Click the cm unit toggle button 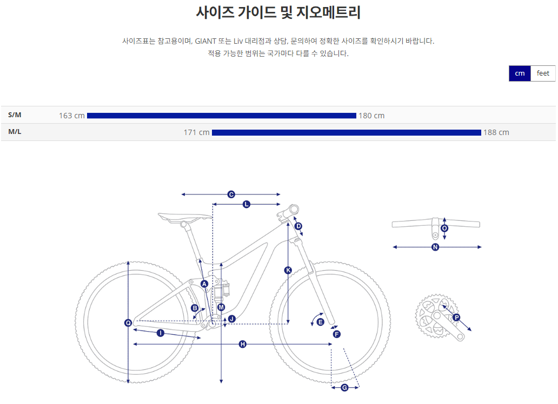coord(520,73)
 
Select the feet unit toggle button coord(543,73)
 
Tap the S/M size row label coord(15,115)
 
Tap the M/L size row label coord(15,132)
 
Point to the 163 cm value coord(72,116)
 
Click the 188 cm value coord(496,133)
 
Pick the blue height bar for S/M coord(222,116)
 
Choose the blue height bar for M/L coord(346,133)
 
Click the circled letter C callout coord(231,194)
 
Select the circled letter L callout coord(247,204)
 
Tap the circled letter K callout coord(288,270)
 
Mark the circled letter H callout coord(242,344)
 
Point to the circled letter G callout coord(344,388)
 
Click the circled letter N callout coord(435,247)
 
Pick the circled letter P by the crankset coord(456,318)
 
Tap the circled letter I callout coord(160,333)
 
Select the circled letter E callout coord(320,322)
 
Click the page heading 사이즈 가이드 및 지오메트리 coord(278,12)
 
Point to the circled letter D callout coord(298,226)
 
